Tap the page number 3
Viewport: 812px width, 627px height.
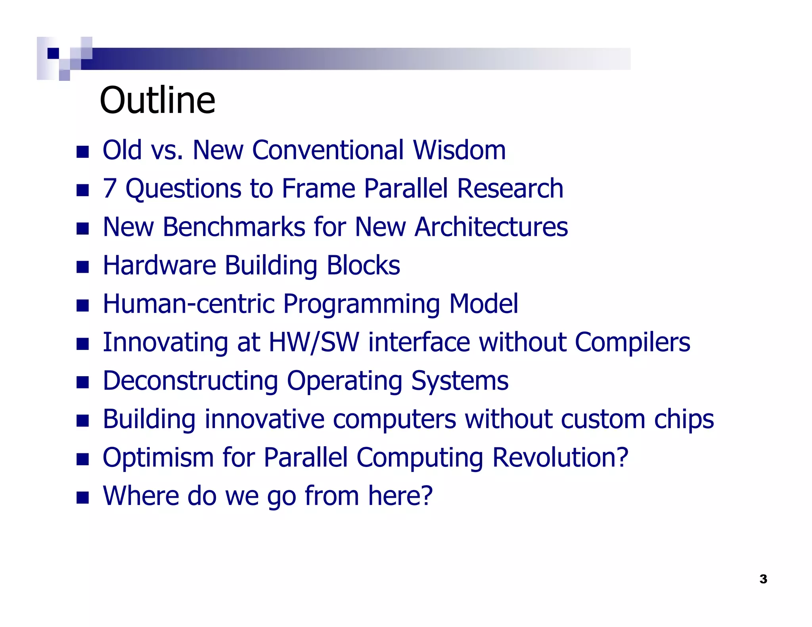[763, 579]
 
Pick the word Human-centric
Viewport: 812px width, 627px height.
[188, 304]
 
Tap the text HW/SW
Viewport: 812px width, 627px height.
[314, 342]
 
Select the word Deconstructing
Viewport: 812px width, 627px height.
[190, 381]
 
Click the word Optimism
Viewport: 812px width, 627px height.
[158, 458]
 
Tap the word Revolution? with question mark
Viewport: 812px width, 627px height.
[560, 457]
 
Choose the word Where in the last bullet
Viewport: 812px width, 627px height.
[140, 496]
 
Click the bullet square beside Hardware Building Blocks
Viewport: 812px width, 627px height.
[82, 267]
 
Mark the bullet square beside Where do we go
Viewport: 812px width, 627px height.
[82, 497]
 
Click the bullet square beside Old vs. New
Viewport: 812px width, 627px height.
[82, 152]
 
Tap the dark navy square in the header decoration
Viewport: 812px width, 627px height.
[53, 53]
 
